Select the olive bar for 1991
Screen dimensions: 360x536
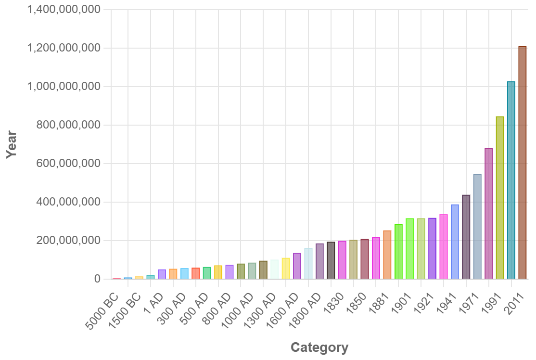coord(500,197)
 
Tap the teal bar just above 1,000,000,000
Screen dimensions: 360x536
coord(511,180)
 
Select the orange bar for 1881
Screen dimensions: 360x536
coord(387,255)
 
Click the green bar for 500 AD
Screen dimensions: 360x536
coord(207,273)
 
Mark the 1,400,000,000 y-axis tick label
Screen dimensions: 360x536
coord(64,10)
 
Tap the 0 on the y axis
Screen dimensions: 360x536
coord(98,279)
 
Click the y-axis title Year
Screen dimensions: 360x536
coord(11,144)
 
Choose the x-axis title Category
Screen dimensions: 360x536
coord(319,347)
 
